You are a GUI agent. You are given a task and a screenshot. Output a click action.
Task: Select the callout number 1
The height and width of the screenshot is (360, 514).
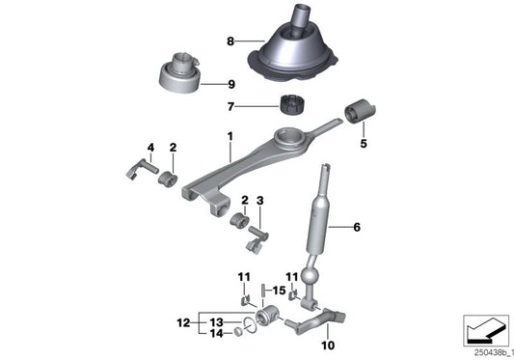tap(230, 140)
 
